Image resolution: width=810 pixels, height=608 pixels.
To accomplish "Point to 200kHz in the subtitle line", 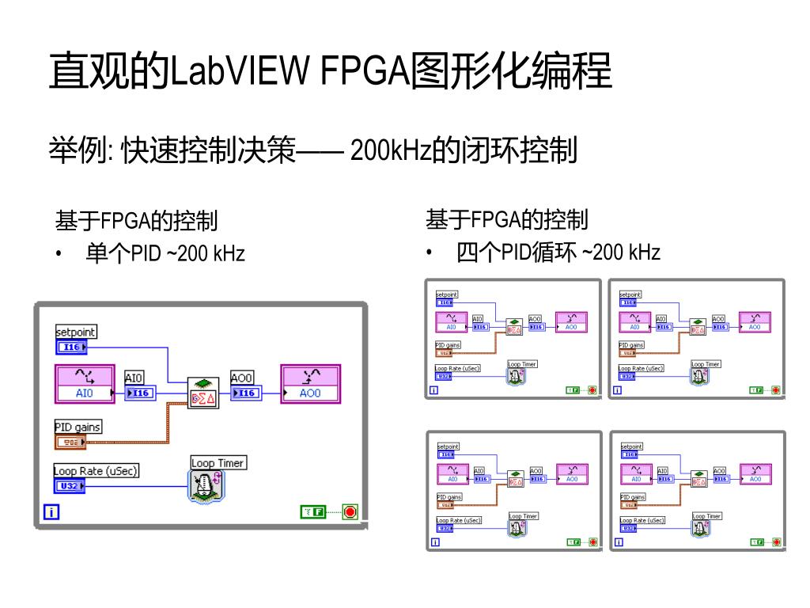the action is coord(389,150).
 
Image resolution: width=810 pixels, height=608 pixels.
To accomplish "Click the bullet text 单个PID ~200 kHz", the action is coord(165,253).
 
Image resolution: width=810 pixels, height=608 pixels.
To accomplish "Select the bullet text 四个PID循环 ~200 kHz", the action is coord(558,253).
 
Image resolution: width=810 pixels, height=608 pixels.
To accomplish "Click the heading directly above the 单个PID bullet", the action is coord(136,220).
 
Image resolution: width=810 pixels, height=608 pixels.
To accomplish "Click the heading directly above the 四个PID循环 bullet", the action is coord(507,219).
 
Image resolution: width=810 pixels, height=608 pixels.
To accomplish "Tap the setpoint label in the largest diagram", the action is coord(76,332).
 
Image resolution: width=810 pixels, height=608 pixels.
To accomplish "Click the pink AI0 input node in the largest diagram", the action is coord(85,384).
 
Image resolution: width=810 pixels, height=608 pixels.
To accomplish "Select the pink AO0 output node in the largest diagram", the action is coord(310,384).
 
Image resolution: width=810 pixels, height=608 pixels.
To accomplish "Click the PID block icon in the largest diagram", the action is coord(202,393).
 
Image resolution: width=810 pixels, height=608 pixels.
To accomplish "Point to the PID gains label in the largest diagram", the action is coord(78,427).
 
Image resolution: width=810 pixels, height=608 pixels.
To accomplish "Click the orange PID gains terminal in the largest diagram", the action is coord(70,442).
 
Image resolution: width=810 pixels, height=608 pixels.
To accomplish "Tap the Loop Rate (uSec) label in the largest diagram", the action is coord(96,471).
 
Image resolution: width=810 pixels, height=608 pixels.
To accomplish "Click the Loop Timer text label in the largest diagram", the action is coord(218,462).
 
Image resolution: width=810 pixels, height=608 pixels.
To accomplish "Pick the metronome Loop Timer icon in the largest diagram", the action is coord(206,485).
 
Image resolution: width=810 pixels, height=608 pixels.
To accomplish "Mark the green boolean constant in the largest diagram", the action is coord(313,511).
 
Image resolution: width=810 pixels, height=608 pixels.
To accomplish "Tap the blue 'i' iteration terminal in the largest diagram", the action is coord(51,513).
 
